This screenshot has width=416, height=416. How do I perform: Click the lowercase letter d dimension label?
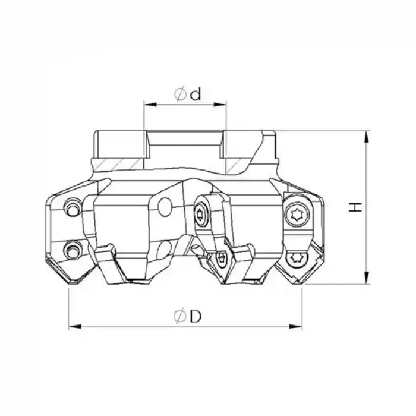(196, 94)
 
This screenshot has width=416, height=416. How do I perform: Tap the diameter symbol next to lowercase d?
(180, 94)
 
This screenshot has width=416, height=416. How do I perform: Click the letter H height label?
(355, 207)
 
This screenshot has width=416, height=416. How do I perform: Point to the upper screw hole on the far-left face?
(72, 208)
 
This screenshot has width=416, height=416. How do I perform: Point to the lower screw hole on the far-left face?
(72, 249)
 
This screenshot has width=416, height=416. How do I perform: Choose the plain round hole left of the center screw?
(165, 206)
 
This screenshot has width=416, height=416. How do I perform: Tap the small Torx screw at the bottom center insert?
(222, 257)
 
